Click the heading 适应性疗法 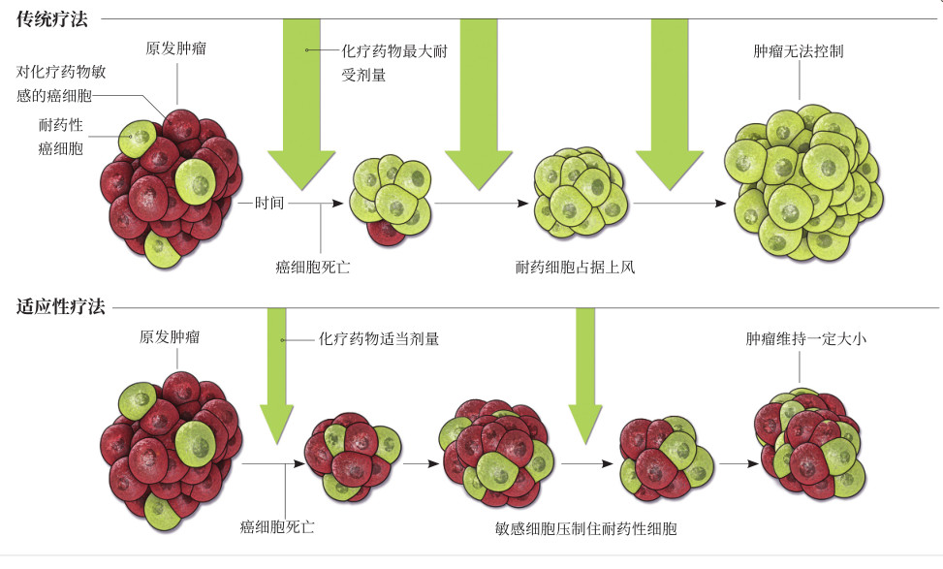60,308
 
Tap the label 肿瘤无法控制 798,50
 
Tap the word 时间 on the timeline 269,204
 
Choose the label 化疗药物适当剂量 379,339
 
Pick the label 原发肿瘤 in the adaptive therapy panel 171,337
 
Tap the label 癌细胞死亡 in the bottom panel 277,528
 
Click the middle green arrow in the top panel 479,107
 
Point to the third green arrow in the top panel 669,107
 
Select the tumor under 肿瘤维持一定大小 808,443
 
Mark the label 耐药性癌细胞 60,137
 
